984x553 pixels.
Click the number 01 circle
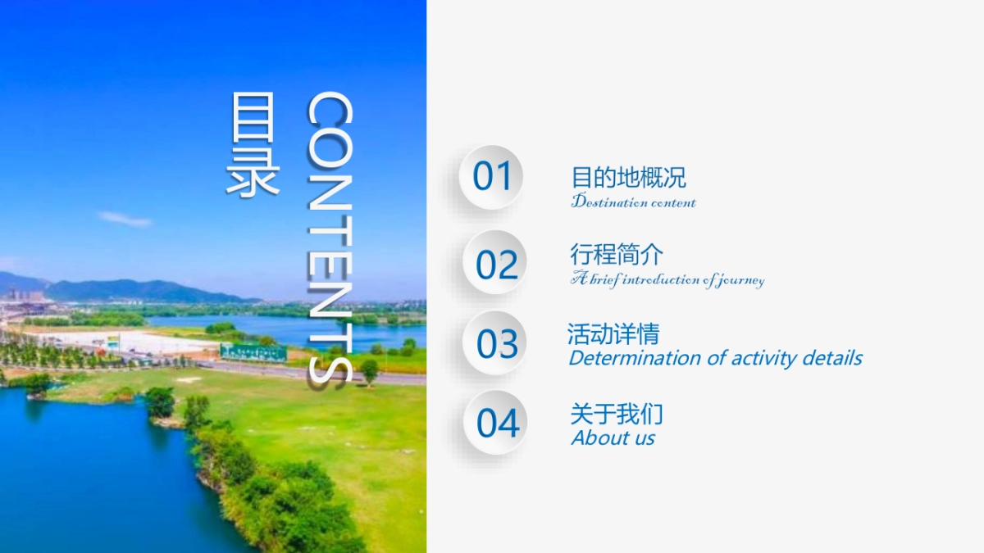point(490,177)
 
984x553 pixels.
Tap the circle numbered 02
point(494,262)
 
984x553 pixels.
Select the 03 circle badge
point(494,342)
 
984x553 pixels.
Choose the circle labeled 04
point(495,423)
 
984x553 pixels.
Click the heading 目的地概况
point(629,178)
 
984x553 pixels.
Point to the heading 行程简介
point(617,255)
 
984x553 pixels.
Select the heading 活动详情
point(613,334)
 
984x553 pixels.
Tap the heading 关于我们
point(617,414)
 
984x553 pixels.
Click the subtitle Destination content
point(633,201)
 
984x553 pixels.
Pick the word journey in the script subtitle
point(741,281)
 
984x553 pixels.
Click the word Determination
point(635,358)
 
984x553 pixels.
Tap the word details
point(832,358)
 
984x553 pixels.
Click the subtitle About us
point(613,437)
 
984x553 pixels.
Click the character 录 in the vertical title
point(253,172)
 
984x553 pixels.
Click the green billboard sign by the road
point(253,352)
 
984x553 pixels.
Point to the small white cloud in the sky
point(125,219)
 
